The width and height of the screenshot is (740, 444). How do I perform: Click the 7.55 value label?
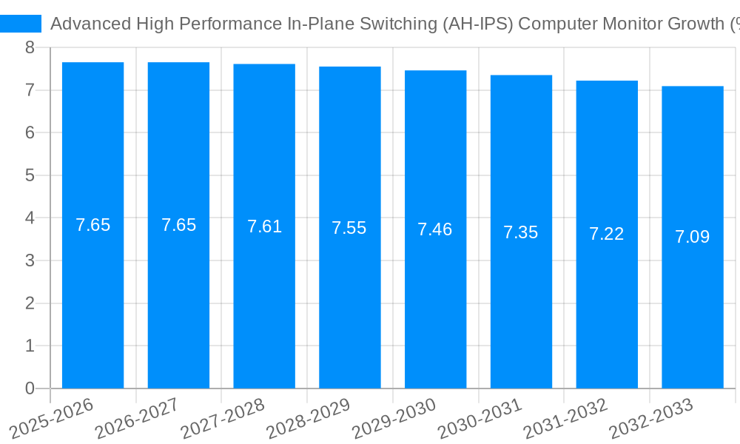(349, 228)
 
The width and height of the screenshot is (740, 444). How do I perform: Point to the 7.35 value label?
(520, 232)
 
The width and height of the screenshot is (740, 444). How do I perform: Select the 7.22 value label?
(606, 235)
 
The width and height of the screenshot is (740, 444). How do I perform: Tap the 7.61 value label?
(264, 226)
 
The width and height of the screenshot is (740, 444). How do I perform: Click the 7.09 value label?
(692, 237)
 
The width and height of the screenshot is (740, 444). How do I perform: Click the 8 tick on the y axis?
(30, 48)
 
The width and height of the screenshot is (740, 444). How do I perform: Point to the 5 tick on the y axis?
(30, 176)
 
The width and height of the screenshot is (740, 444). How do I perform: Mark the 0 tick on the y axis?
(30, 388)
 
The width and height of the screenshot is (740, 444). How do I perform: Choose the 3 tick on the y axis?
(30, 261)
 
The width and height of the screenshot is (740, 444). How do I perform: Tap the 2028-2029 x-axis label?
(309, 417)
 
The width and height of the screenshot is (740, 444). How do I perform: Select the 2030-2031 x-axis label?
(480, 417)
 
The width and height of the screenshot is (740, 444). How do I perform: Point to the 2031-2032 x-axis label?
(565, 417)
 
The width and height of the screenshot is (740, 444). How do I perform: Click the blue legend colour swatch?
(21, 24)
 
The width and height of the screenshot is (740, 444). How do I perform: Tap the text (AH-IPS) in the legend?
(478, 24)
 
